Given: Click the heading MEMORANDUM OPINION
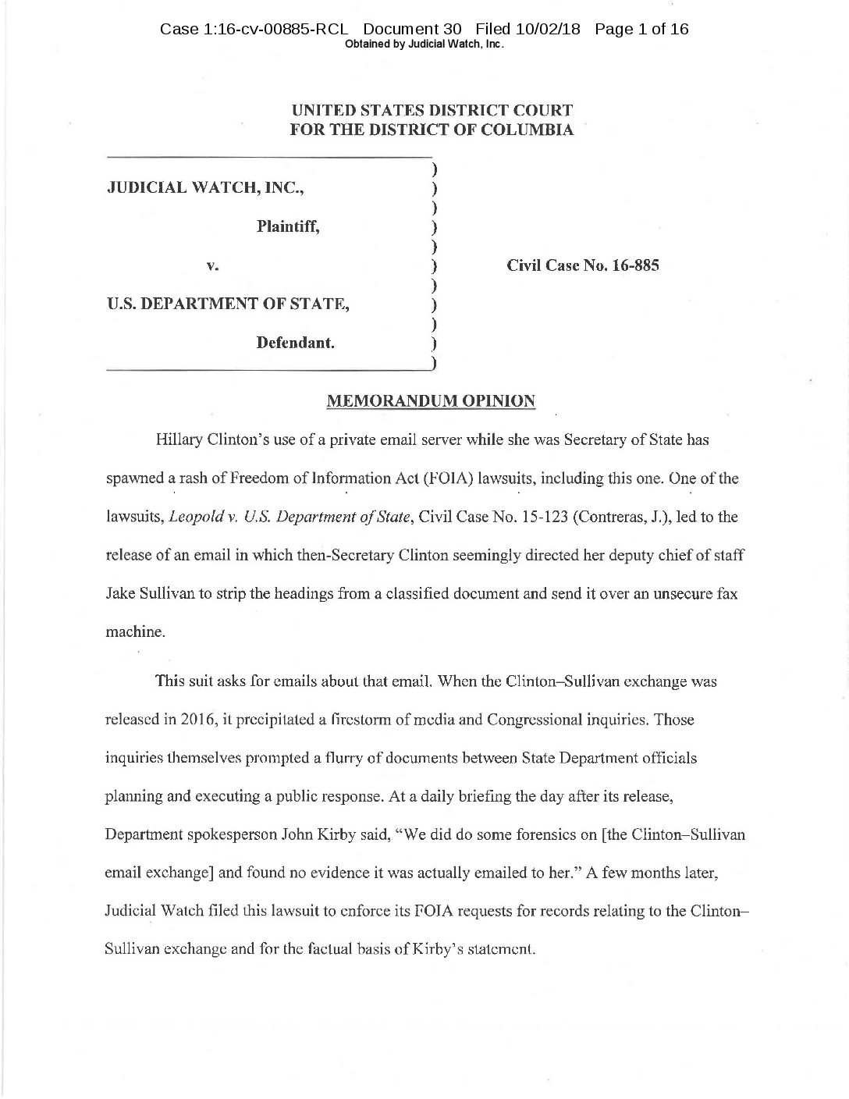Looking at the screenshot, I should click(430, 401).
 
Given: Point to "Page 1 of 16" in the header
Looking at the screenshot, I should click(641, 30).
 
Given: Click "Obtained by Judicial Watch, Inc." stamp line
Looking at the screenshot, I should click(424, 44).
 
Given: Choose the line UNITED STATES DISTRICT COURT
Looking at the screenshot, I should click(432, 112).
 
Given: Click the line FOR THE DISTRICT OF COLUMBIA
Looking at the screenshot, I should click(432, 130).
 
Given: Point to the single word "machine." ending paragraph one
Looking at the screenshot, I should click(125, 632).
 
